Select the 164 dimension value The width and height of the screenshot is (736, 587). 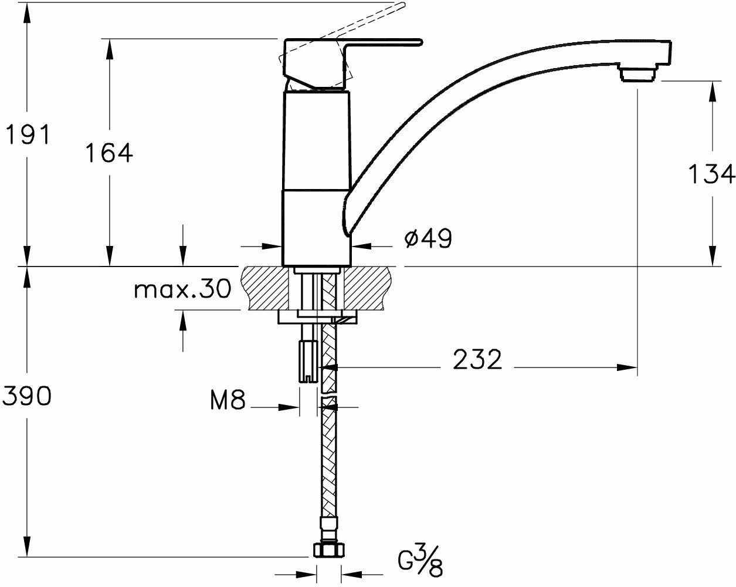pos(108,153)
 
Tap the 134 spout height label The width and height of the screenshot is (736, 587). pos(711,174)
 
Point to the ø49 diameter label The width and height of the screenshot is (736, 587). pos(428,238)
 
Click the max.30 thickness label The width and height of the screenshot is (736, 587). pos(182,289)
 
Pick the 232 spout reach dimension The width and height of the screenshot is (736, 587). pos(477,359)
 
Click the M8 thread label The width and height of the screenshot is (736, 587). pos(228,400)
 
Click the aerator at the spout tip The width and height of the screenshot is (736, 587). pos(639,75)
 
